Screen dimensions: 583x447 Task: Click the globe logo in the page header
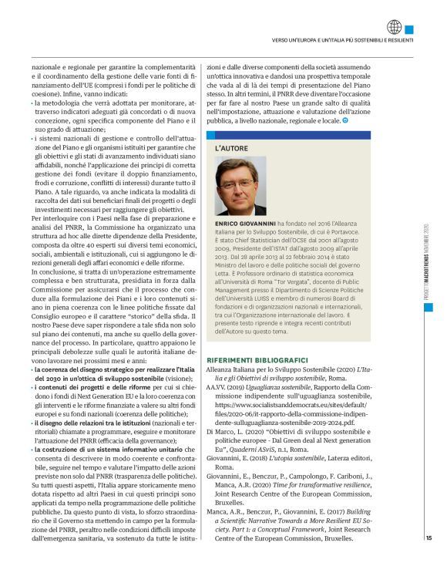(x=395, y=27)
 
